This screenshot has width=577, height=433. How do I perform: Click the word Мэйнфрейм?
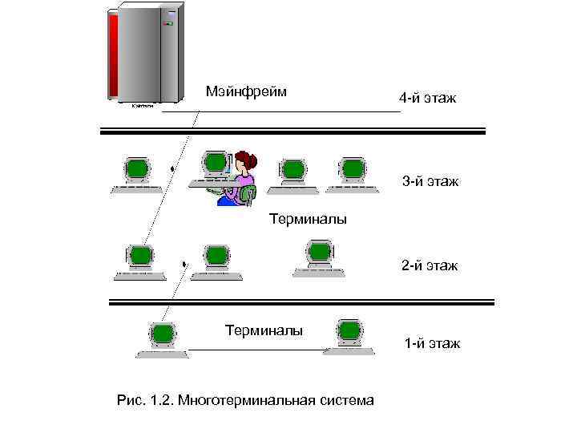tap(246, 91)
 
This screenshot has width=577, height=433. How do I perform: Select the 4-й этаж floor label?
tap(427, 99)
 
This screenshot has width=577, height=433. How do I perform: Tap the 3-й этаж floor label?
tap(430, 182)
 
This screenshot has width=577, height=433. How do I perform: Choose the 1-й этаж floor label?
tap(432, 343)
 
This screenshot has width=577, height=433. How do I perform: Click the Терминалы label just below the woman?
tap(308, 218)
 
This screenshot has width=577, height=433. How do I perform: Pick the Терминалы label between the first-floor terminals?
tap(264, 330)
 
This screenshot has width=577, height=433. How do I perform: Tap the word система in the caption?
tap(346, 399)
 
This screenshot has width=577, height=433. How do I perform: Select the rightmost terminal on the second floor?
tap(320, 254)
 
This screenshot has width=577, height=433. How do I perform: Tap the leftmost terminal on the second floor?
tap(140, 257)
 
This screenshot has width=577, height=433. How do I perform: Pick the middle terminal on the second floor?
tap(216, 257)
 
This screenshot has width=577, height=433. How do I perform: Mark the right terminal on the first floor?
tap(349, 331)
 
